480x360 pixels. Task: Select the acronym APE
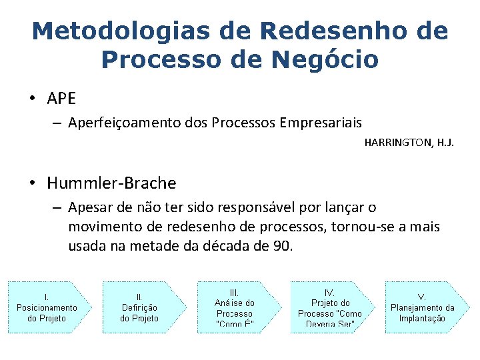pos(62,99)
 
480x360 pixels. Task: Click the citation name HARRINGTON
pos(397,142)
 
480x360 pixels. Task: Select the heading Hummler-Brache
pos(111,183)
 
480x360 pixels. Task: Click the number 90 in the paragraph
pos(281,245)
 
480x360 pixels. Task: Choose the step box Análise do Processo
pos(235,307)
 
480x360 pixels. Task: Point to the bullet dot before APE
pos(31,99)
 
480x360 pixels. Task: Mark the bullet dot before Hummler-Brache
pos(31,183)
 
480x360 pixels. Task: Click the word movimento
pos(103,227)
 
